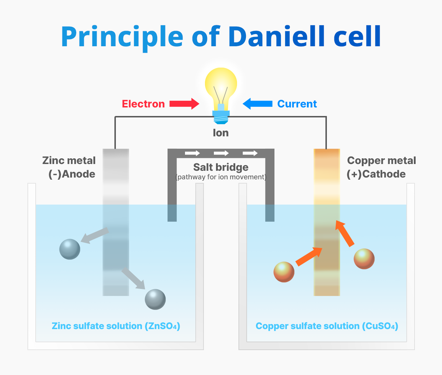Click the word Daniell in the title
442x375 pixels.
[276, 36]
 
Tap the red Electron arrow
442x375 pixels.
[184, 104]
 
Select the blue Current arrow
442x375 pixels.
[257, 104]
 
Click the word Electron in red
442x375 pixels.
[143, 104]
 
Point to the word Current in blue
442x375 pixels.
[297, 104]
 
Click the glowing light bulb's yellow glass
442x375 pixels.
[221, 85]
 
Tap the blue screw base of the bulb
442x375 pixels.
[221, 117]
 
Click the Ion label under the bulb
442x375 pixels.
[221, 133]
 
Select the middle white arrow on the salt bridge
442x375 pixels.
[221, 153]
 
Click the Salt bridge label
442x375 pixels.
[221, 167]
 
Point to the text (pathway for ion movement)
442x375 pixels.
[221, 177]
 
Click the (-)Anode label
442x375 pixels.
[72, 174]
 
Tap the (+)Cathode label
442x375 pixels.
[376, 174]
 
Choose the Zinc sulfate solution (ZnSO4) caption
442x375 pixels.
[116, 326]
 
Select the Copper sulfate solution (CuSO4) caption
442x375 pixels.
[327, 326]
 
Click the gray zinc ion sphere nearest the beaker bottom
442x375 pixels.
[155, 299]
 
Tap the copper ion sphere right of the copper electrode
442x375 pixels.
[364, 259]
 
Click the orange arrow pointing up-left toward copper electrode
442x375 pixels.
[344, 233]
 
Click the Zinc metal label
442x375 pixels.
[69, 160]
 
